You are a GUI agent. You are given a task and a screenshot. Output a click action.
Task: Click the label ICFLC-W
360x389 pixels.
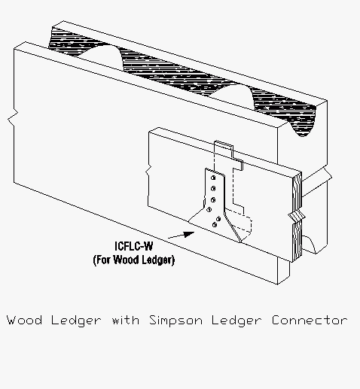[x=133, y=246]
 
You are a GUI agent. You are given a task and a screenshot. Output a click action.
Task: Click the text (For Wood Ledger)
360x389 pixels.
[x=133, y=260]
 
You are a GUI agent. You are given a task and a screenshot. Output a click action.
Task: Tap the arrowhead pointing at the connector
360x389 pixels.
[x=189, y=234]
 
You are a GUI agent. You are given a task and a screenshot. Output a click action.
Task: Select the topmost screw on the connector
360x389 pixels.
[x=213, y=178]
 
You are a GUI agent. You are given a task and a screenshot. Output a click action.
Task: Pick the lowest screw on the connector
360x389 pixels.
[x=215, y=225]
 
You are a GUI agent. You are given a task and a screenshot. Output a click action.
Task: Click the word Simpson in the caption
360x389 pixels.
[x=175, y=321]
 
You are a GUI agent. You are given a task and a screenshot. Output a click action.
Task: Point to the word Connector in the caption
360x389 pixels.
[x=310, y=321]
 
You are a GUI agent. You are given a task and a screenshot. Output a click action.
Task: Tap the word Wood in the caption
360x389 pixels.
[x=24, y=321]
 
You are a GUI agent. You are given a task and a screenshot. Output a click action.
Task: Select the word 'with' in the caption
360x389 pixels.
[x=126, y=321]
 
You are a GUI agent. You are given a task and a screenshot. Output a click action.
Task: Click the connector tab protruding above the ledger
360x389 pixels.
[x=224, y=148]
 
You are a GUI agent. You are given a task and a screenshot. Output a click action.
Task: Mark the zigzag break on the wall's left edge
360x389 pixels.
[x=13, y=117]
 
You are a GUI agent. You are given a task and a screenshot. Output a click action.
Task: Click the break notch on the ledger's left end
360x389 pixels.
[x=148, y=172]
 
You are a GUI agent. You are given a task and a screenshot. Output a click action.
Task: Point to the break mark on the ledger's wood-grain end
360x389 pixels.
[x=297, y=216]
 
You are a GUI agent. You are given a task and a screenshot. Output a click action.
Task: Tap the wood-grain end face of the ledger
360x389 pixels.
[x=297, y=217]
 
